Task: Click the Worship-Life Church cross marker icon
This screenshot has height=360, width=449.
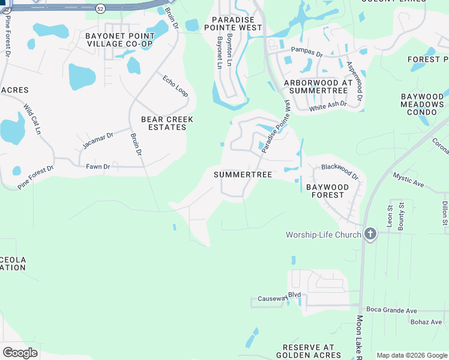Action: pos(370,235)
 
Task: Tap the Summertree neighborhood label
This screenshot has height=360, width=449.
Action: pos(243,175)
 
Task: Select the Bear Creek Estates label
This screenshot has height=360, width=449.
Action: pos(167,123)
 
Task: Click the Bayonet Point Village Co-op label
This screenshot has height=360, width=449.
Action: pos(120,40)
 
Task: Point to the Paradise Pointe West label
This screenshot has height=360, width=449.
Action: pos(233,23)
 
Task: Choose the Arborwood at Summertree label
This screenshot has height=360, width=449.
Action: pos(318,86)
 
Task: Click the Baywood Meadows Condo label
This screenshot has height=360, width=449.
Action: pos(423,104)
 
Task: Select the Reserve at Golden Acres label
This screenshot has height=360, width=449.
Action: pos(309,351)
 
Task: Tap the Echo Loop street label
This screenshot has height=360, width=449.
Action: pos(175,85)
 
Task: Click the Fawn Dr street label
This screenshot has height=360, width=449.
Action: pos(97,166)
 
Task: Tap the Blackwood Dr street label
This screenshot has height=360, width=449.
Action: pos(340,172)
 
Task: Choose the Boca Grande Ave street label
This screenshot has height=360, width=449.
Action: pos(393,311)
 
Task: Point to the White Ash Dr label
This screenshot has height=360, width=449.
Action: pos(328,106)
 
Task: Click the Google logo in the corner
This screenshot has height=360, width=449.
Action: pos(20,353)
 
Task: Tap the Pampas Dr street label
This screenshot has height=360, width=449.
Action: pos(307,52)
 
